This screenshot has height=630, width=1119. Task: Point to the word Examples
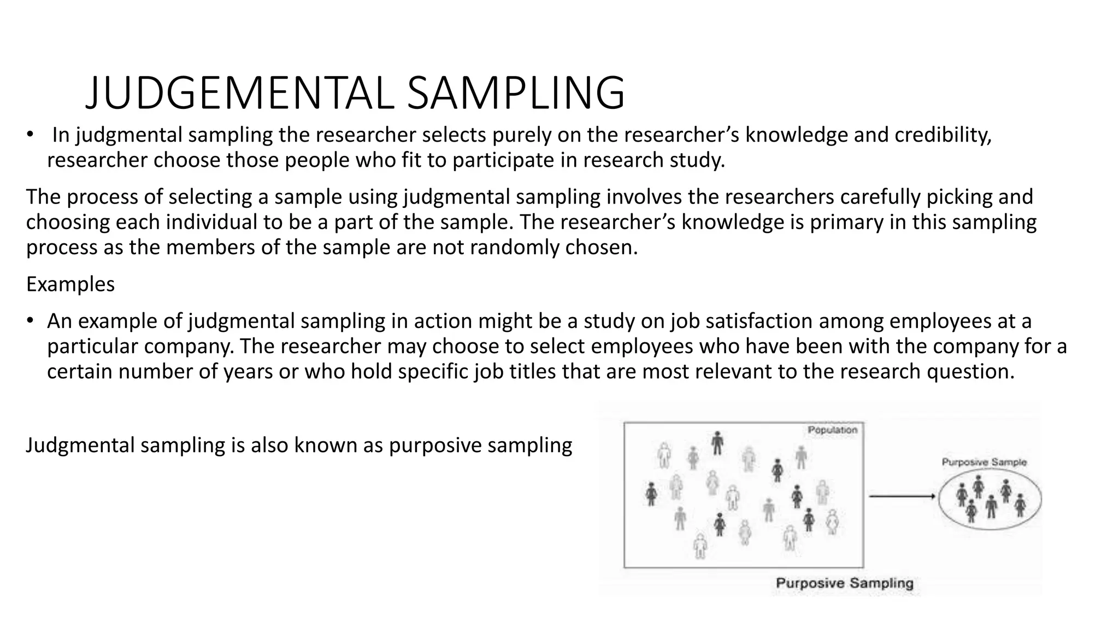tap(70, 284)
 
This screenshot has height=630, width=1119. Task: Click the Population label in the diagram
tap(832, 430)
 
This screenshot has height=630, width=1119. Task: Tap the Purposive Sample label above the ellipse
tap(984, 462)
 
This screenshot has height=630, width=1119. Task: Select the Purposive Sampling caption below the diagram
tap(845, 583)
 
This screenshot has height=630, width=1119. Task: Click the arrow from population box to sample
tap(902, 496)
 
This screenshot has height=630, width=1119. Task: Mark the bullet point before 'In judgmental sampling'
tap(30, 135)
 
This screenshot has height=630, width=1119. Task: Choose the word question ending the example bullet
tap(969, 372)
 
